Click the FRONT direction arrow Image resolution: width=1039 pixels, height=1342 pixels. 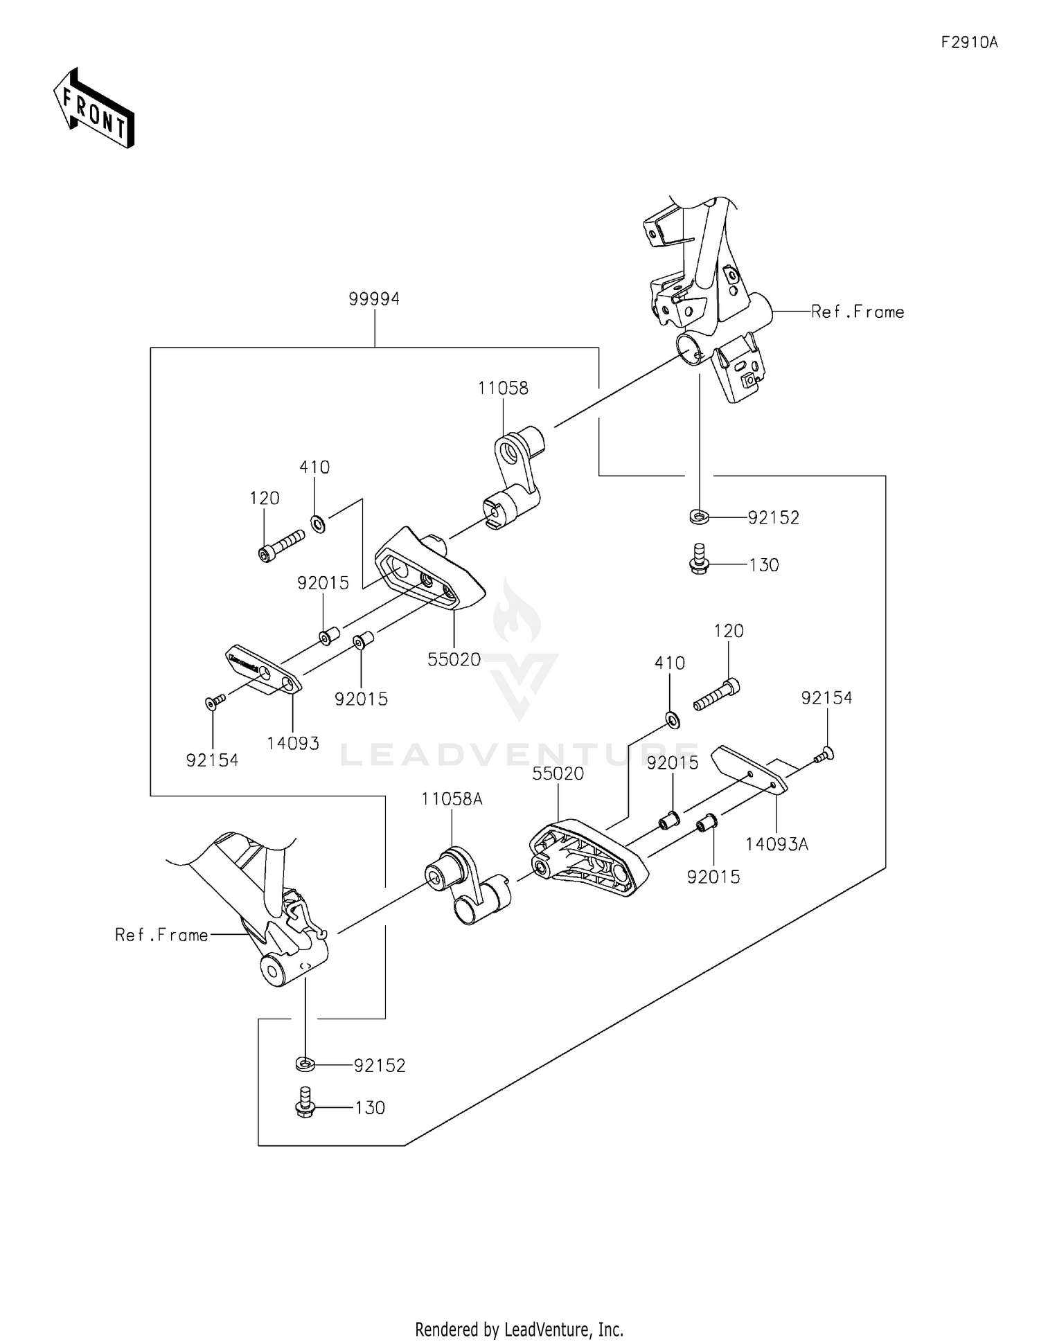94,109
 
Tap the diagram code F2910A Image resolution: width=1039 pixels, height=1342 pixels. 969,42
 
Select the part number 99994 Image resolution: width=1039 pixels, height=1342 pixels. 374,298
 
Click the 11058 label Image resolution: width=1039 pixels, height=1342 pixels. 503,388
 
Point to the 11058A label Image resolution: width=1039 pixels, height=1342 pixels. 452,798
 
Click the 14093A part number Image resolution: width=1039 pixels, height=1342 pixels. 776,843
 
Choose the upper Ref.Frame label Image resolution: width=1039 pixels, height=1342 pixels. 858,312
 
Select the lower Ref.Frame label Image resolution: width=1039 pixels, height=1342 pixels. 161,935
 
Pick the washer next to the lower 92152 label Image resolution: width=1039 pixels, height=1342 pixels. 305,1064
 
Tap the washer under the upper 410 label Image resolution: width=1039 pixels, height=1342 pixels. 318,524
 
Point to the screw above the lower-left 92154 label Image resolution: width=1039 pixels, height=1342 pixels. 214,702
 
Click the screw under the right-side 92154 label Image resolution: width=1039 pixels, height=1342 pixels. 825,755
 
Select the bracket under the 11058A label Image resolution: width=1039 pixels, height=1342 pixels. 467,885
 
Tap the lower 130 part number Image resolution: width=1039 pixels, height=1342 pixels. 370,1107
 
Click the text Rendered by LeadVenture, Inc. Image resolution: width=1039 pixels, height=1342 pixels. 519,1329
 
